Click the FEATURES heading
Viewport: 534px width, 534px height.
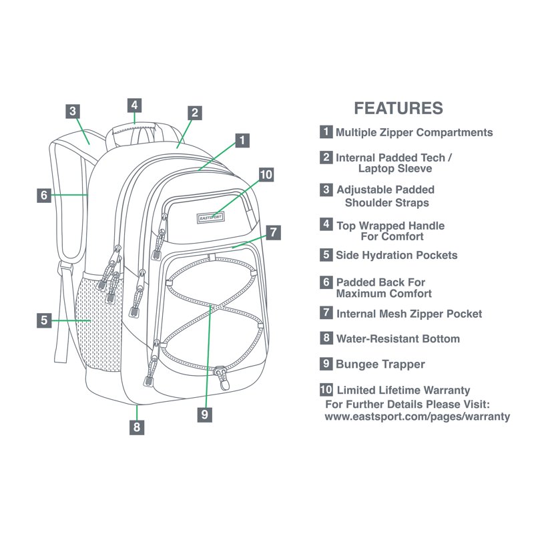398,108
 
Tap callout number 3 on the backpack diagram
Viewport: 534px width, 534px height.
73,111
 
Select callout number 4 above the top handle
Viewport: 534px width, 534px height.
135,105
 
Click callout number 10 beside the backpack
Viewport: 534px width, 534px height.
266,175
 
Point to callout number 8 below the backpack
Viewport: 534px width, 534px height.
137,427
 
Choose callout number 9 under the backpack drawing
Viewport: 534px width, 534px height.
205,415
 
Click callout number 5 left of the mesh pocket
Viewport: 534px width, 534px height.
44,320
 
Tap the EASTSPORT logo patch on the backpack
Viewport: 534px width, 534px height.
210,218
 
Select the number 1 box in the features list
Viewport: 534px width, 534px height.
326,131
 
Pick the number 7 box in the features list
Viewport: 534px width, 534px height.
326,312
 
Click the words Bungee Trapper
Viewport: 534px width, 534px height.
380,364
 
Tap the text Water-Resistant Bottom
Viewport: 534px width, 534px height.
398,339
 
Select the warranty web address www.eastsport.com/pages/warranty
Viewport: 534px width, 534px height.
417,417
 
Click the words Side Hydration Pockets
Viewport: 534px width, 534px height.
396,256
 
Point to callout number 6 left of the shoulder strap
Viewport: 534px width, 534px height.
44,196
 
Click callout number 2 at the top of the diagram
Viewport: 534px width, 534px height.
195,113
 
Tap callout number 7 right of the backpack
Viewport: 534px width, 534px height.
273,232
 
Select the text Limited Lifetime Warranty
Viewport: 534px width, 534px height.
404,390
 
